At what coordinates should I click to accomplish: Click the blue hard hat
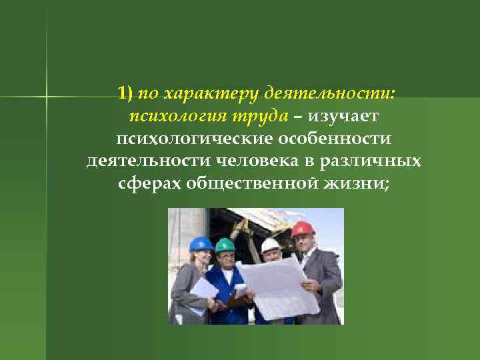(201, 244)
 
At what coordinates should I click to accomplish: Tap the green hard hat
(225, 245)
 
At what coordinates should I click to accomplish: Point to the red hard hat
(303, 229)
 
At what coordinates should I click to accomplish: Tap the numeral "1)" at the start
(126, 93)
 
